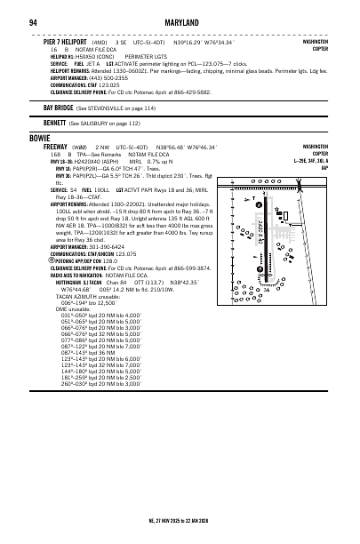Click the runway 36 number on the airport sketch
click(x=267, y=289)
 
